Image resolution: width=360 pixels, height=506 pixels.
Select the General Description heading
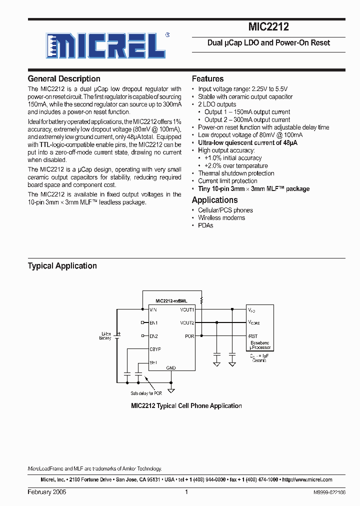64,78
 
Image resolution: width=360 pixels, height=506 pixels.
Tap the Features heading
207,78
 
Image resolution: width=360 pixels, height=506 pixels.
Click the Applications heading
214,200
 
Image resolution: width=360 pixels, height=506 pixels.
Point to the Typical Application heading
62,266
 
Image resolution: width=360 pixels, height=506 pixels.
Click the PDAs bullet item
205,225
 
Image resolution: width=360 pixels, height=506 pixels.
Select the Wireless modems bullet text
221,217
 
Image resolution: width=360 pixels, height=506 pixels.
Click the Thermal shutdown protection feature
236,173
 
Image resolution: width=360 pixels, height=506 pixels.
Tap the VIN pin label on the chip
153,310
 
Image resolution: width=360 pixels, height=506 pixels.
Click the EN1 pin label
153,323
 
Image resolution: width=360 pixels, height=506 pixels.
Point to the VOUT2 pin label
187,323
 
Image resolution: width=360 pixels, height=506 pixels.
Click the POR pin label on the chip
189,336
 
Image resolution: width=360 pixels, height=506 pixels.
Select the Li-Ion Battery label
105,335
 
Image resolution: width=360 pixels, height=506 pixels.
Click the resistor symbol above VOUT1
201,300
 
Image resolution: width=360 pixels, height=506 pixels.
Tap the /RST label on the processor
252,336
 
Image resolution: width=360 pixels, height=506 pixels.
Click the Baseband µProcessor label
259,345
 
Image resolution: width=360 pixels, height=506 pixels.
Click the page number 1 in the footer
186,492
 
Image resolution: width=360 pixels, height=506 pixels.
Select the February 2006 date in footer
47,492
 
